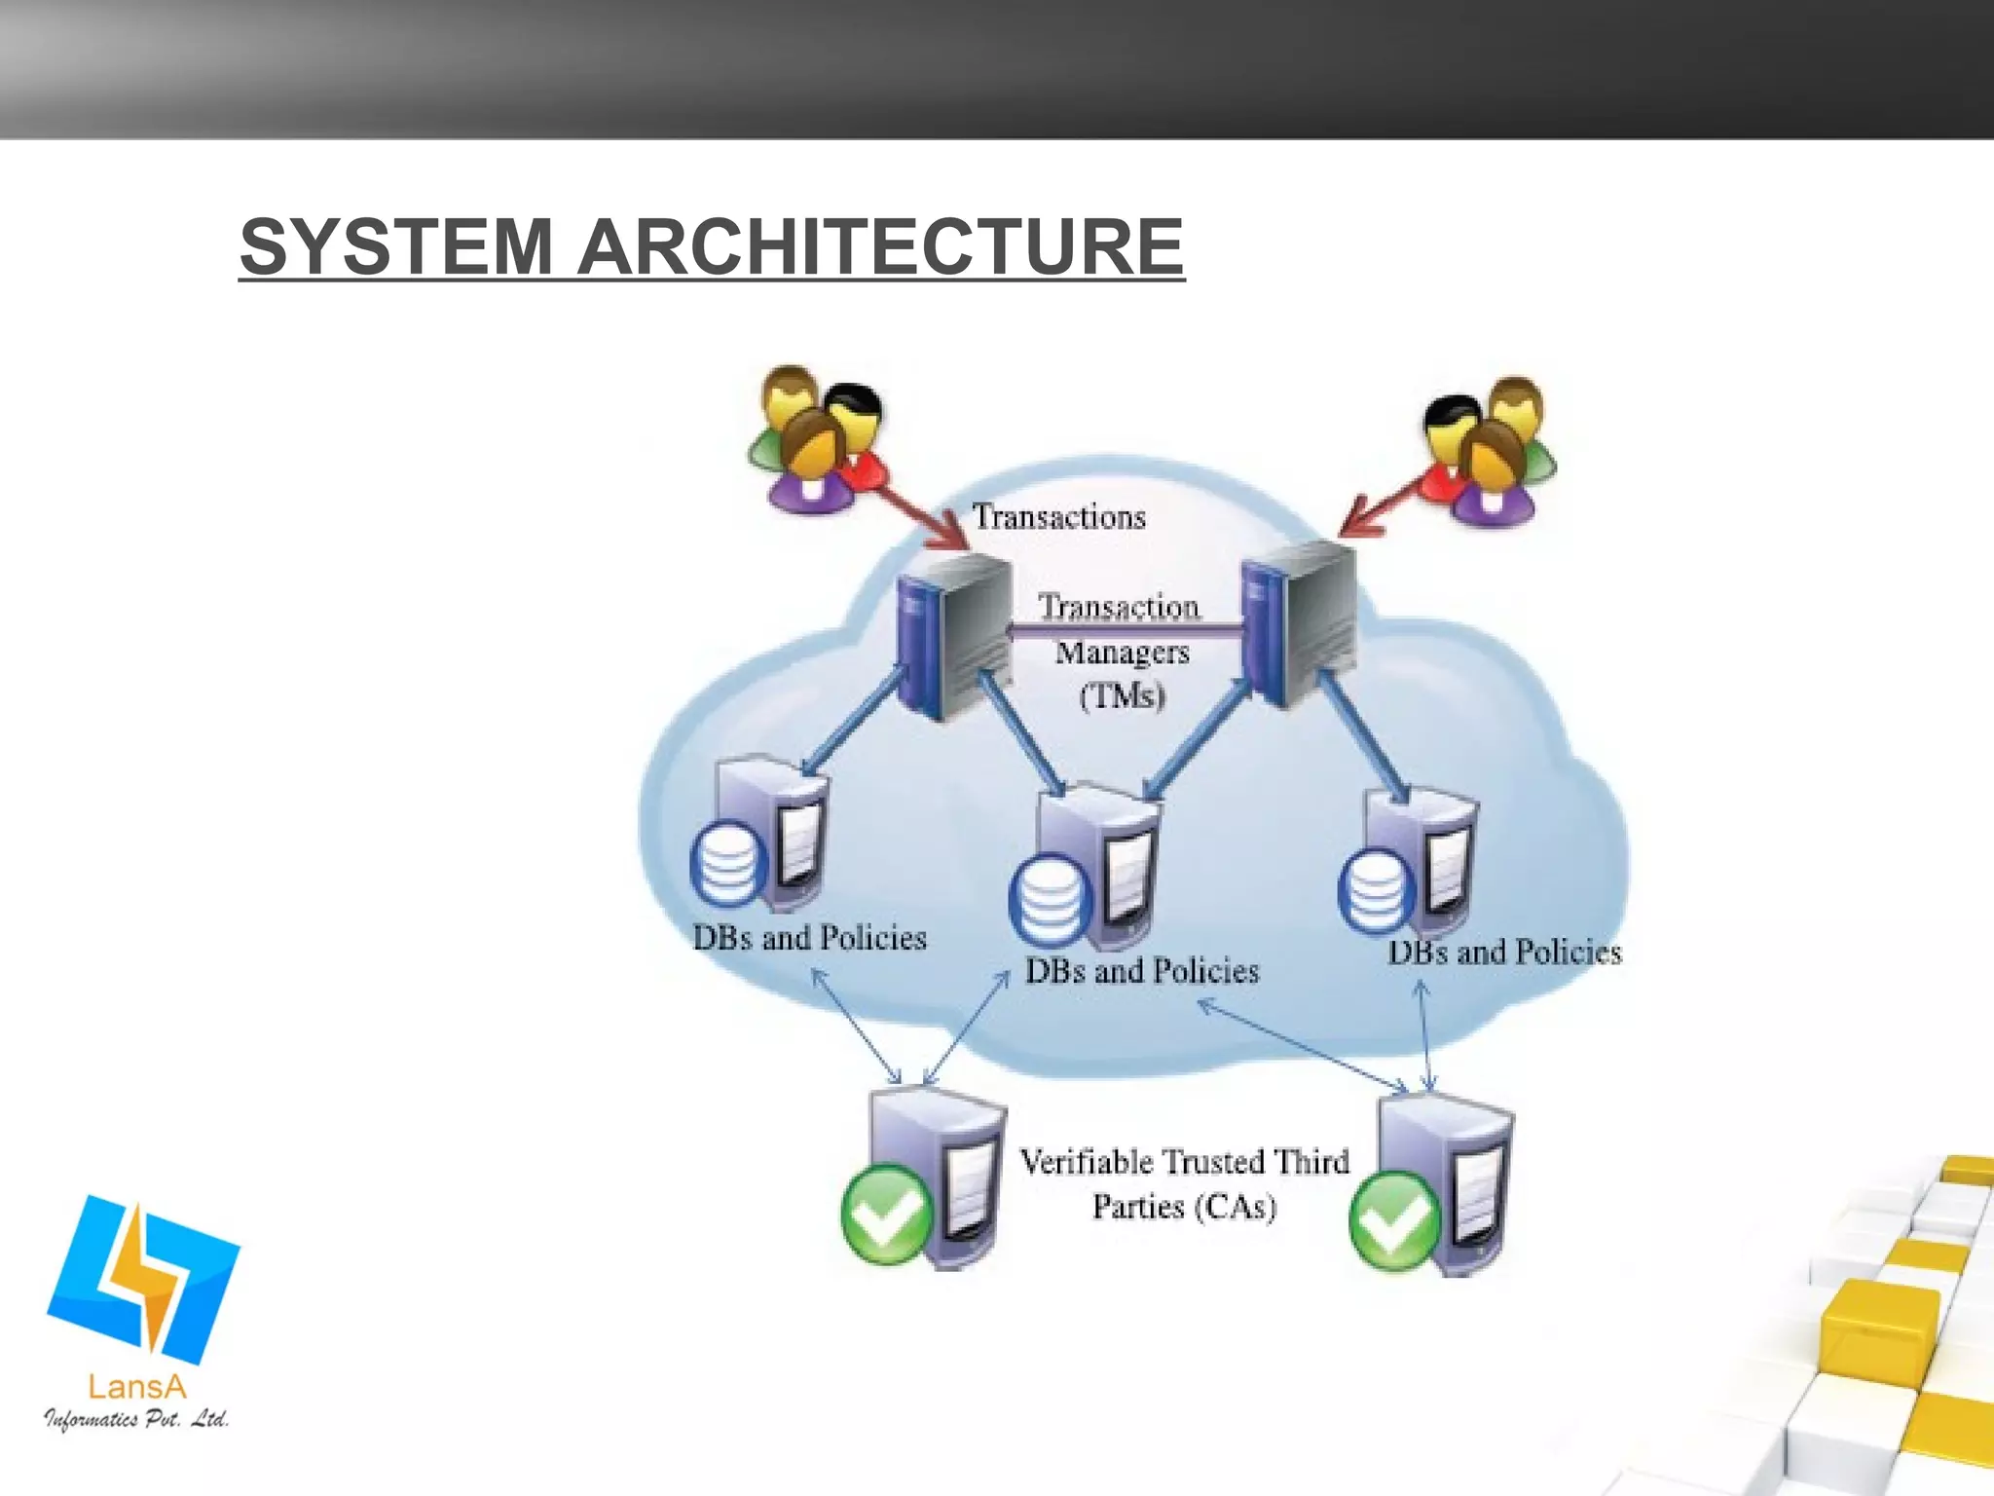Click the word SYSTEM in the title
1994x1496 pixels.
coord(397,246)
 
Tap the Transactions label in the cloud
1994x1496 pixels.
coord(1059,517)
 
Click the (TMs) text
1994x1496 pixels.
coord(1122,695)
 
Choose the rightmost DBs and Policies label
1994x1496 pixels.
coord(1504,952)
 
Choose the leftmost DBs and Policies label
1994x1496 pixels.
coord(809,938)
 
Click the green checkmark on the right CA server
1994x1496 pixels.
coord(1394,1220)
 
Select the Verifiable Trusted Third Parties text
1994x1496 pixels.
coord(1184,1183)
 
